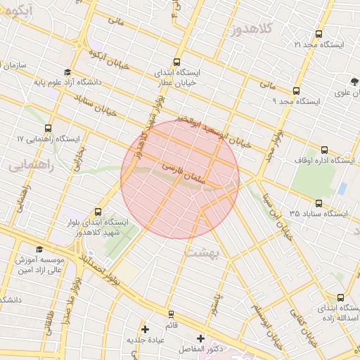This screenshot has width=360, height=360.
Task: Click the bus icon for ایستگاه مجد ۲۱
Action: point(319,34)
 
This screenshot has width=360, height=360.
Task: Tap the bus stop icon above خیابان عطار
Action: point(176,61)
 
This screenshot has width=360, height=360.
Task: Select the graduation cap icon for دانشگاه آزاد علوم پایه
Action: point(67,72)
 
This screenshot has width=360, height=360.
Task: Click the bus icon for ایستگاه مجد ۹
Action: point(296,91)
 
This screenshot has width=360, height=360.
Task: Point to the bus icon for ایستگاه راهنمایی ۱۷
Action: point(48,129)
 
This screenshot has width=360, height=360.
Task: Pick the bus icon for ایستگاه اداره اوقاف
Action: point(324,150)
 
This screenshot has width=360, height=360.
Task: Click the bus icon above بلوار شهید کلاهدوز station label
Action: point(97,211)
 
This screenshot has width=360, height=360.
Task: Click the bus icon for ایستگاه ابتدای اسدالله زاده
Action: point(341,297)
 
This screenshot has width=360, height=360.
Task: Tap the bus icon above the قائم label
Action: point(170,314)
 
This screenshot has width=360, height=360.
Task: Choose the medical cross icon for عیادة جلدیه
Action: point(145,328)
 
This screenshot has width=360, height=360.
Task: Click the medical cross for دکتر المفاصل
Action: point(201,338)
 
